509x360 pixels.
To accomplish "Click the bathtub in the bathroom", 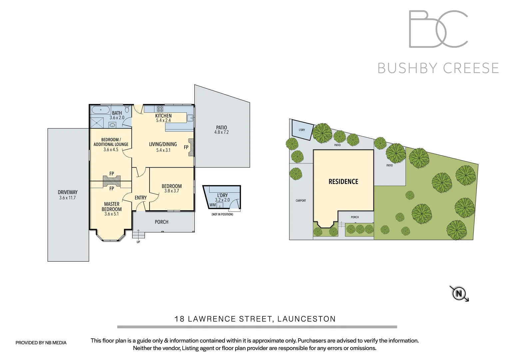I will (x=101, y=110).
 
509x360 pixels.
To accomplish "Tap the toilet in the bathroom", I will (x=127, y=109).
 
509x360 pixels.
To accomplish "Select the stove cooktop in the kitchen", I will (x=160, y=109).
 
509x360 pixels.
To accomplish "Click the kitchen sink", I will (x=190, y=118).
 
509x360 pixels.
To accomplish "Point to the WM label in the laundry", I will (x=213, y=205).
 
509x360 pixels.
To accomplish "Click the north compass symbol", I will (x=459, y=293).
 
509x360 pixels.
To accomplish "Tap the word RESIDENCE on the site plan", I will (x=343, y=182).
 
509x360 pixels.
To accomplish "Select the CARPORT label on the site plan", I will (x=301, y=201).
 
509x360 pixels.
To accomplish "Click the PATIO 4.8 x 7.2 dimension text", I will (x=222, y=132).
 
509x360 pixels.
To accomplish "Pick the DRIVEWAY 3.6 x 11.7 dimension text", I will (x=68, y=198).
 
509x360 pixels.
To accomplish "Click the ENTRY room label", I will (x=141, y=198).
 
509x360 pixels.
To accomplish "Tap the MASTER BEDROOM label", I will (x=112, y=207).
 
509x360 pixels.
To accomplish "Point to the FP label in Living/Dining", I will (x=186, y=147).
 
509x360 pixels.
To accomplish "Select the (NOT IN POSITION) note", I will (x=222, y=214).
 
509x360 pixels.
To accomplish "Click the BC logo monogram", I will (x=438, y=29).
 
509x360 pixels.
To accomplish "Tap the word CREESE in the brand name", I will (x=471, y=68).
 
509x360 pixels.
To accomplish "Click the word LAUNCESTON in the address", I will (x=306, y=319).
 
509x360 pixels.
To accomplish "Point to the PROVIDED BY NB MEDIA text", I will (x=41, y=343).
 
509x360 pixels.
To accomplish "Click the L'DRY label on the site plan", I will (x=302, y=130).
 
